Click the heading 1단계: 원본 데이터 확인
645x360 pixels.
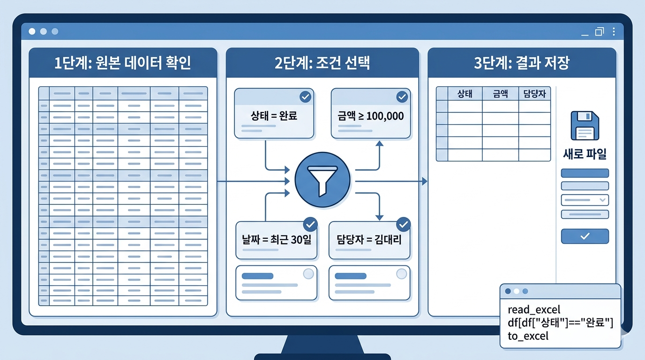click(123, 63)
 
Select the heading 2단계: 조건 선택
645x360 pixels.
click(322, 63)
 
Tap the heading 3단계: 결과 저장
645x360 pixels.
click(521, 63)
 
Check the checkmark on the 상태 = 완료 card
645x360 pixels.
click(305, 97)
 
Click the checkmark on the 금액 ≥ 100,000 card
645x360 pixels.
click(402, 97)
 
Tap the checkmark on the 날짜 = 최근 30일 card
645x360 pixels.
click(310, 224)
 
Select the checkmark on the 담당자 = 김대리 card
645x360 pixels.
click(403, 224)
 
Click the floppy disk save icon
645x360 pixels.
click(585, 126)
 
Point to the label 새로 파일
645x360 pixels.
click(585, 154)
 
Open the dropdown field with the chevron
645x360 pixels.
click(585, 200)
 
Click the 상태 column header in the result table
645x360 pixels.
click(465, 93)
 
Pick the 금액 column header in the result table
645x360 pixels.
click(500, 93)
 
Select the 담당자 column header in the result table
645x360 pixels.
click(534, 93)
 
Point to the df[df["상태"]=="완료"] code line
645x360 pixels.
click(560, 322)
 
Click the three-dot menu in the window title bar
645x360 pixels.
click(614, 31)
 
